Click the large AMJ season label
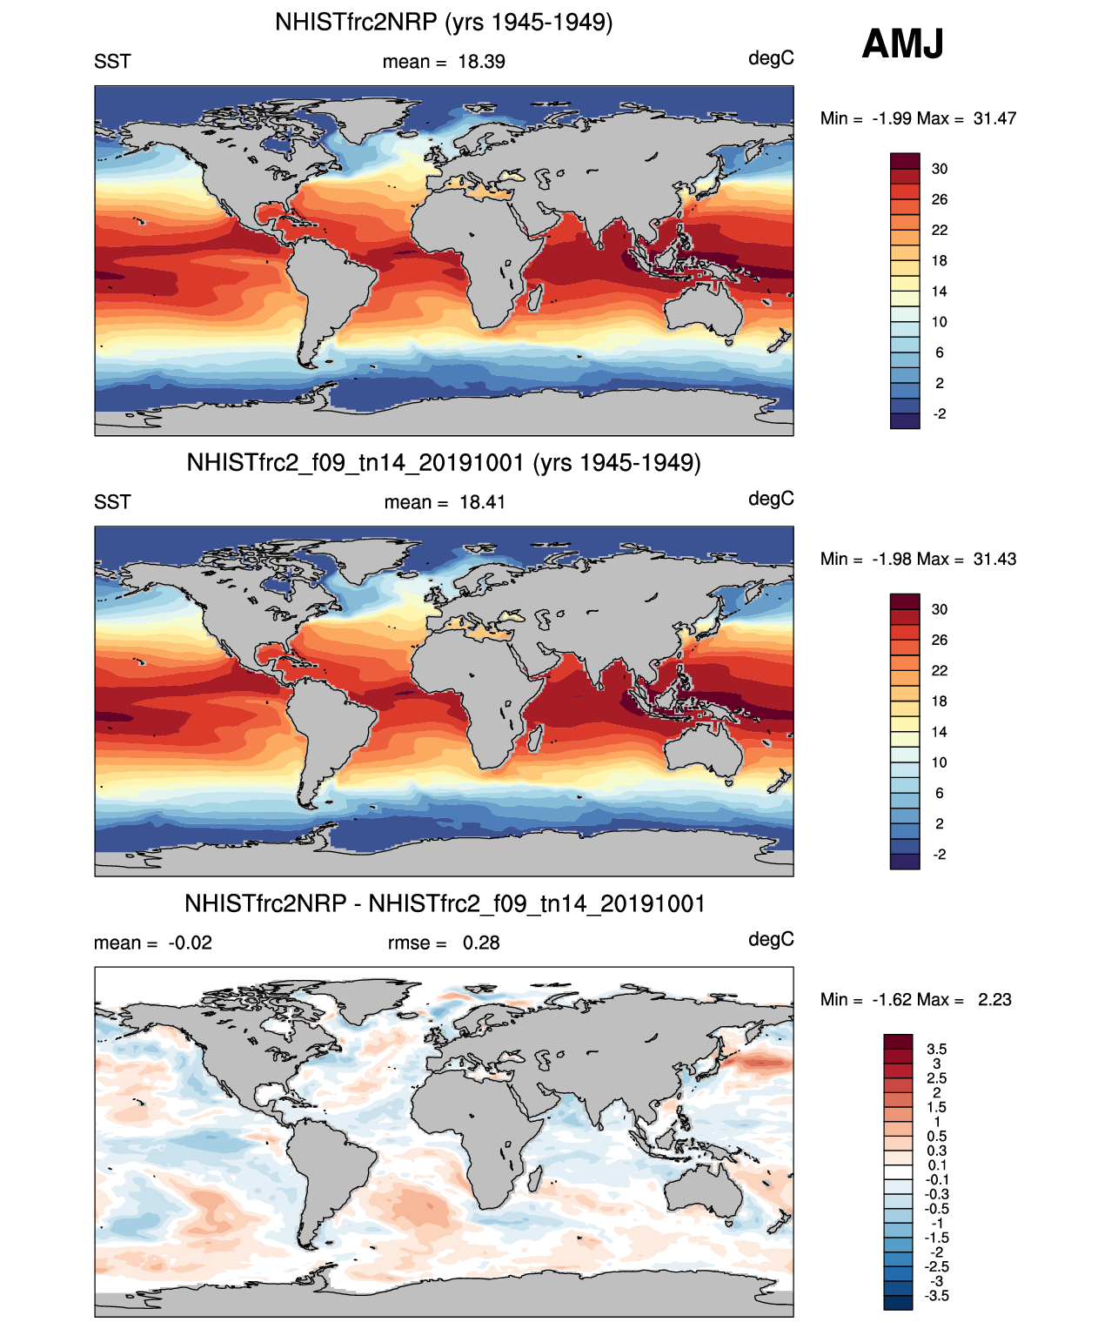(902, 44)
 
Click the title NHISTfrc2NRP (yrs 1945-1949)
(444, 22)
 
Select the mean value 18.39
(481, 62)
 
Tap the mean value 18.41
(482, 502)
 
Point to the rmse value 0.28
(481, 943)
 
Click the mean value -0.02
(190, 943)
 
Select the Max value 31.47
(994, 118)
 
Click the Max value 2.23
(994, 999)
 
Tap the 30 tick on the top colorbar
(939, 169)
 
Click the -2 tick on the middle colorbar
(939, 854)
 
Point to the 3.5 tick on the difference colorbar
(936, 1049)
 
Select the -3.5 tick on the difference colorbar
(936, 1295)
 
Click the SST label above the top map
(112, 62)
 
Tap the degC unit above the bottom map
(771, 939)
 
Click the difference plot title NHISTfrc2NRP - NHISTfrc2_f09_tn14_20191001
(445, 903)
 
